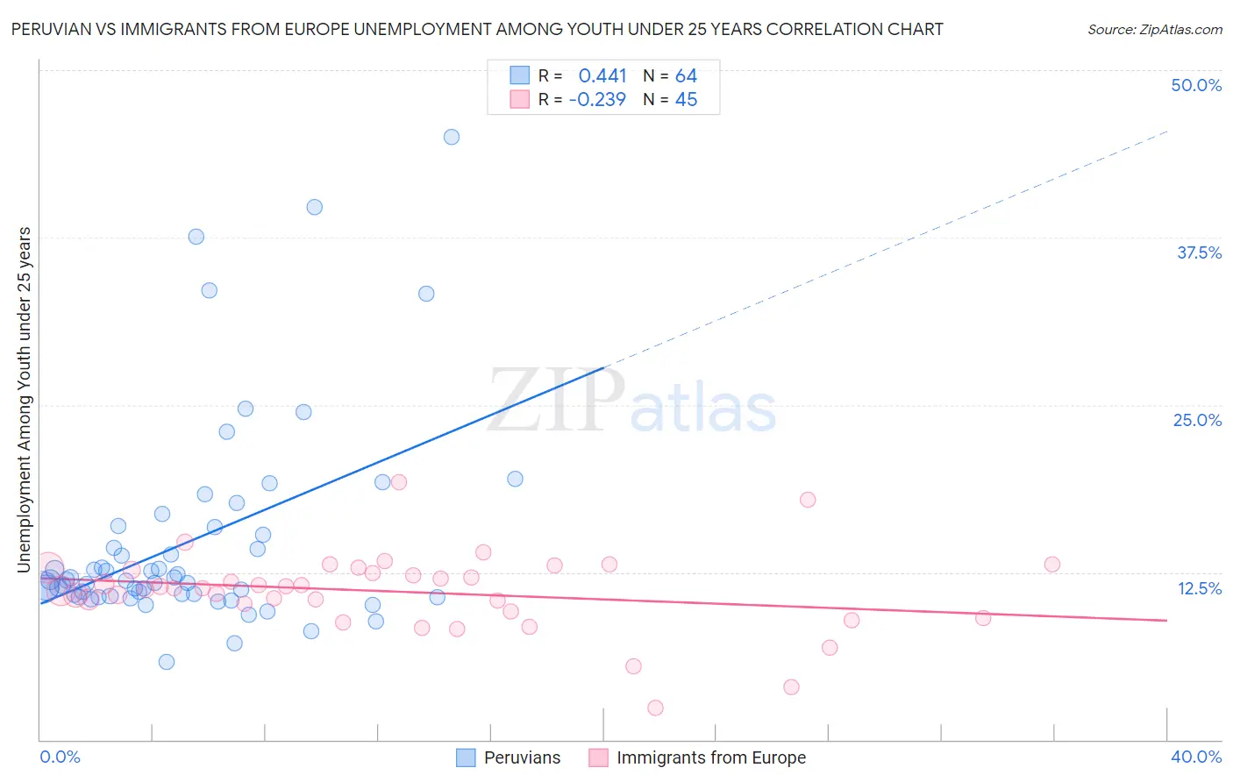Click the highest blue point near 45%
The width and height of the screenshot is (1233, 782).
click(x=452, y=137)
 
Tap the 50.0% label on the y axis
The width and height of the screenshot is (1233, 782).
click(x=1196, y=85)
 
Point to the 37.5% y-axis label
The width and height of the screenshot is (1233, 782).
click(x=1199, y=252)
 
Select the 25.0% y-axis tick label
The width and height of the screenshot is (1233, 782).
click(x=1197, y=420)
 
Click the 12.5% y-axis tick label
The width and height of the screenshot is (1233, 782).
click(x=1199, y=588)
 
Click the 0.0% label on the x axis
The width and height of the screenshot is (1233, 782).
click(x=60, y=757)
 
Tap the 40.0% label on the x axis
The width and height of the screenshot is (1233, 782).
click(x=1196, y=757)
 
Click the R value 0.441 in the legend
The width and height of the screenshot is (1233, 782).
click(x=602, y=76)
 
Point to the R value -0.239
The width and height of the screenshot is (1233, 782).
click(x=597, y=100)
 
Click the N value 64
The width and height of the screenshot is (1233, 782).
click(x=686, y=76)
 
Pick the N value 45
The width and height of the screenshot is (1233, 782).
click(x=686, y=100)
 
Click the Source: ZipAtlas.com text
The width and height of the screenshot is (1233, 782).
click(x=1154, y=30)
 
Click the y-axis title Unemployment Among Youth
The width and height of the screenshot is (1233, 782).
click(x=25, y=400)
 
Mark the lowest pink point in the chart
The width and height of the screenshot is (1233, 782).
click(x=655, y=707)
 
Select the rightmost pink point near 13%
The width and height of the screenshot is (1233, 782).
click(x=1052, y=565)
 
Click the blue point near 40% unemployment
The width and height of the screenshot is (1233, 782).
click(x=315, y=207)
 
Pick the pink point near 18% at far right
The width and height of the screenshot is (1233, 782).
click(x=808, y=500)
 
